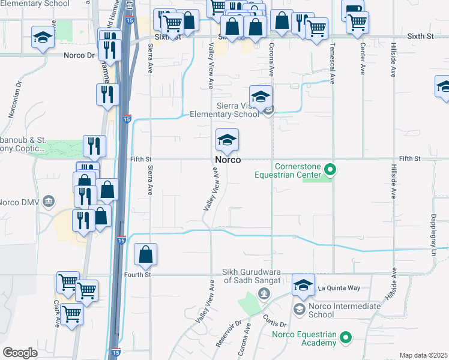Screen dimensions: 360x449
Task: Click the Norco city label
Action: pos(228,160)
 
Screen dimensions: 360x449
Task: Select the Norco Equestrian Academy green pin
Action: pos(345,338)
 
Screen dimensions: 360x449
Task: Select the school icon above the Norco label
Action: pos(228,140)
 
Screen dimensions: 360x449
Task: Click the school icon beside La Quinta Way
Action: pos(303,286)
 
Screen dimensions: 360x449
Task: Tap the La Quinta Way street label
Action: pos(339,288)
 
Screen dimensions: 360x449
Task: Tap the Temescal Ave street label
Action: pos(332,62)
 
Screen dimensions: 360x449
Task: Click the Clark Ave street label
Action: pos(58,313)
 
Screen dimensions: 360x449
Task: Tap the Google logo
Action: pos(20,353)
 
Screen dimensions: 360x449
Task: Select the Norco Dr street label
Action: pos(80,55)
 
